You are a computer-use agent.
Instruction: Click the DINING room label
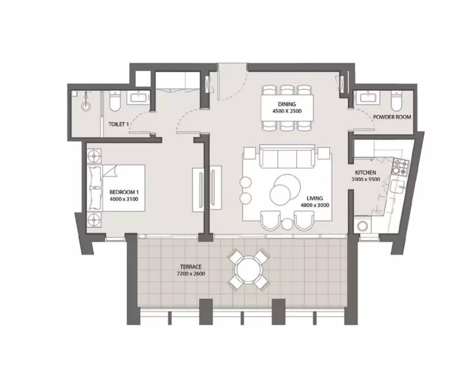(x=287, y=104)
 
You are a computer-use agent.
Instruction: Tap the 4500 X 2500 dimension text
(x=287, y=111)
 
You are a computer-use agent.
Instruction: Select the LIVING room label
(x=315, y=198)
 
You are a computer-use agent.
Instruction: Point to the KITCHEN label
(x=366, y=173)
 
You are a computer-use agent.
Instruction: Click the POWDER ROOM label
(x=392, y=117)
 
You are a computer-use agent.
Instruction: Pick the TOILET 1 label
(x=119, y=124)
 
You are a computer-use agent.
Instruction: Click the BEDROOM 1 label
(x=124, y=192)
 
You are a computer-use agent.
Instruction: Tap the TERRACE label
(x=191, y=267)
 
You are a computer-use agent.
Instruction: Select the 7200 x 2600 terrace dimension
(x=191, y=274)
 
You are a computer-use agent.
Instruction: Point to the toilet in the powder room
(x=396, y=100)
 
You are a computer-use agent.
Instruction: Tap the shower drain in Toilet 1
(x=86, y=106)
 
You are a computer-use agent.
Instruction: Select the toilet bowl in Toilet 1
(x=115, y=101)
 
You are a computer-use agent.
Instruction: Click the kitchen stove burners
(x=401, y=168)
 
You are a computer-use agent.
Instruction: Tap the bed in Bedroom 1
(x=116, y=188)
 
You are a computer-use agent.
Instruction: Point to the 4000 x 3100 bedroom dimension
(x=124, y=199)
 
